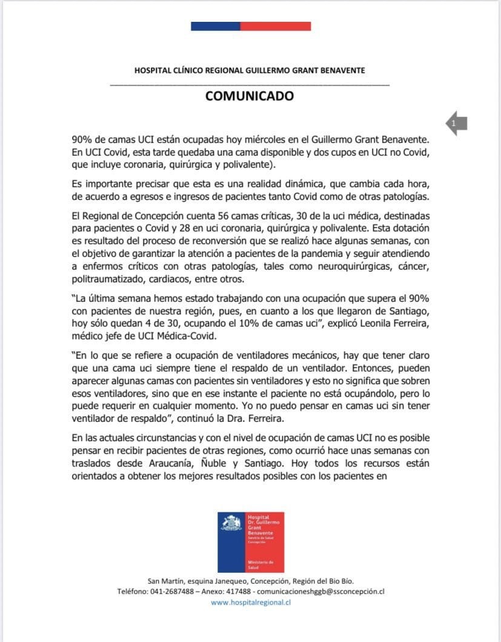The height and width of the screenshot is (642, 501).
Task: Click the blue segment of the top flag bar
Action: pos(215,26)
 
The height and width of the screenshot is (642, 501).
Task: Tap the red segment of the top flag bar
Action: pos(276,26)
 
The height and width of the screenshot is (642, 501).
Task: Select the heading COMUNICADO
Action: pos(250,96)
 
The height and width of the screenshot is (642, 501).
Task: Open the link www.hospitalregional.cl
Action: pos(251,603)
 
